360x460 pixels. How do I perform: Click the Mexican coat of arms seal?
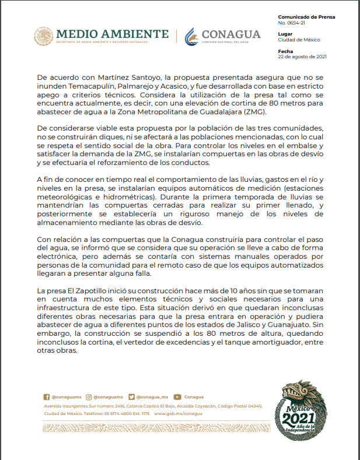click(x=43, y=37)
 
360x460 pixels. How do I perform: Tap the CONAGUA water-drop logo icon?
click(x=191, y=37)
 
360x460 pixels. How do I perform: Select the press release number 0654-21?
click(x=292, y=24)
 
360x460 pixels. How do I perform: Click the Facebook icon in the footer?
click(x=47, y=396)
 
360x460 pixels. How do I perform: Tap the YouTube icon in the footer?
click(x=177, y=396)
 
